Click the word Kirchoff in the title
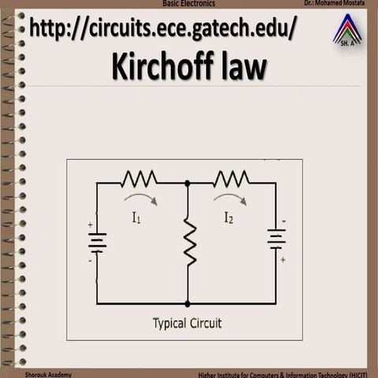[162, 66]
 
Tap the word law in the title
[244, 65]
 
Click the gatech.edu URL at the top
[163, 28]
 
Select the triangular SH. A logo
[347, 30]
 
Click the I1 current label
[136, 217]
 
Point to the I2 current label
[228, 217]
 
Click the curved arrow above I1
[141, 198]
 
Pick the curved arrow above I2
[231, 198]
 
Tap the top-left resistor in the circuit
[139, 179]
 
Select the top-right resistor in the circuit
[232, 179]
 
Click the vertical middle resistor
[190, 241]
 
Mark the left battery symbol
[98, 243]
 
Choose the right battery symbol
[276, 239]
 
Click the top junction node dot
[187, 183]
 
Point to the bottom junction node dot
[187, 304]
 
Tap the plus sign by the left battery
[91, 224]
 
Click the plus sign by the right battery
[283, 260]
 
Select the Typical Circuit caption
[187, 324]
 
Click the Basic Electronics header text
[189, 3]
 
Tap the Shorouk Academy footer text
[48, 375]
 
